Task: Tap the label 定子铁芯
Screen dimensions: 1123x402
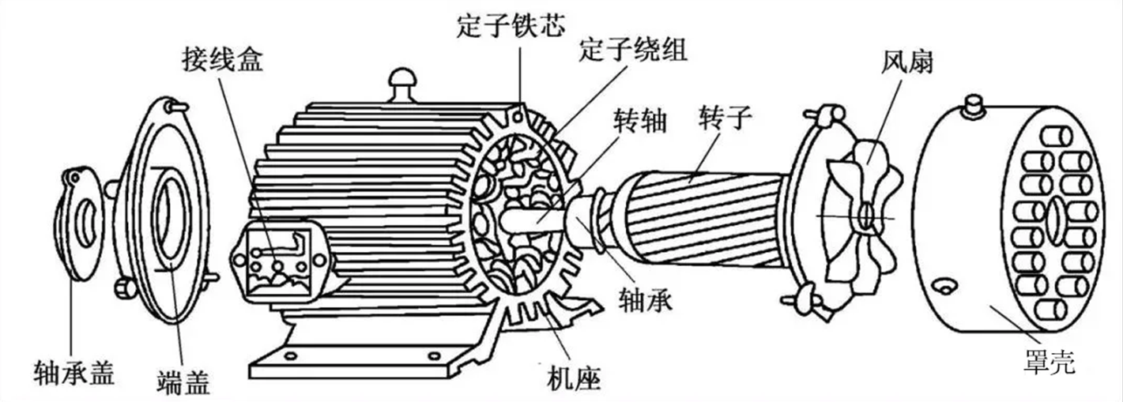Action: (x=511, y=25)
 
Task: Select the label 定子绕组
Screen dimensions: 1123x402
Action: (x=633, y=50)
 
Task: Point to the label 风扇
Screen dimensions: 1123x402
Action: (x=907, y=63)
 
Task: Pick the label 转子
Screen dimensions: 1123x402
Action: (x=725, y=118)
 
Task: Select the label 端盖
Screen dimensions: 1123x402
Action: (x=183, y=382)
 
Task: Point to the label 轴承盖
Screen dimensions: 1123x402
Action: (x=74, y=373)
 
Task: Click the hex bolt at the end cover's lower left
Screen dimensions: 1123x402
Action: (x=124, y=290)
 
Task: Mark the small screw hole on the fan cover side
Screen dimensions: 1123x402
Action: (x=945, y=286)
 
